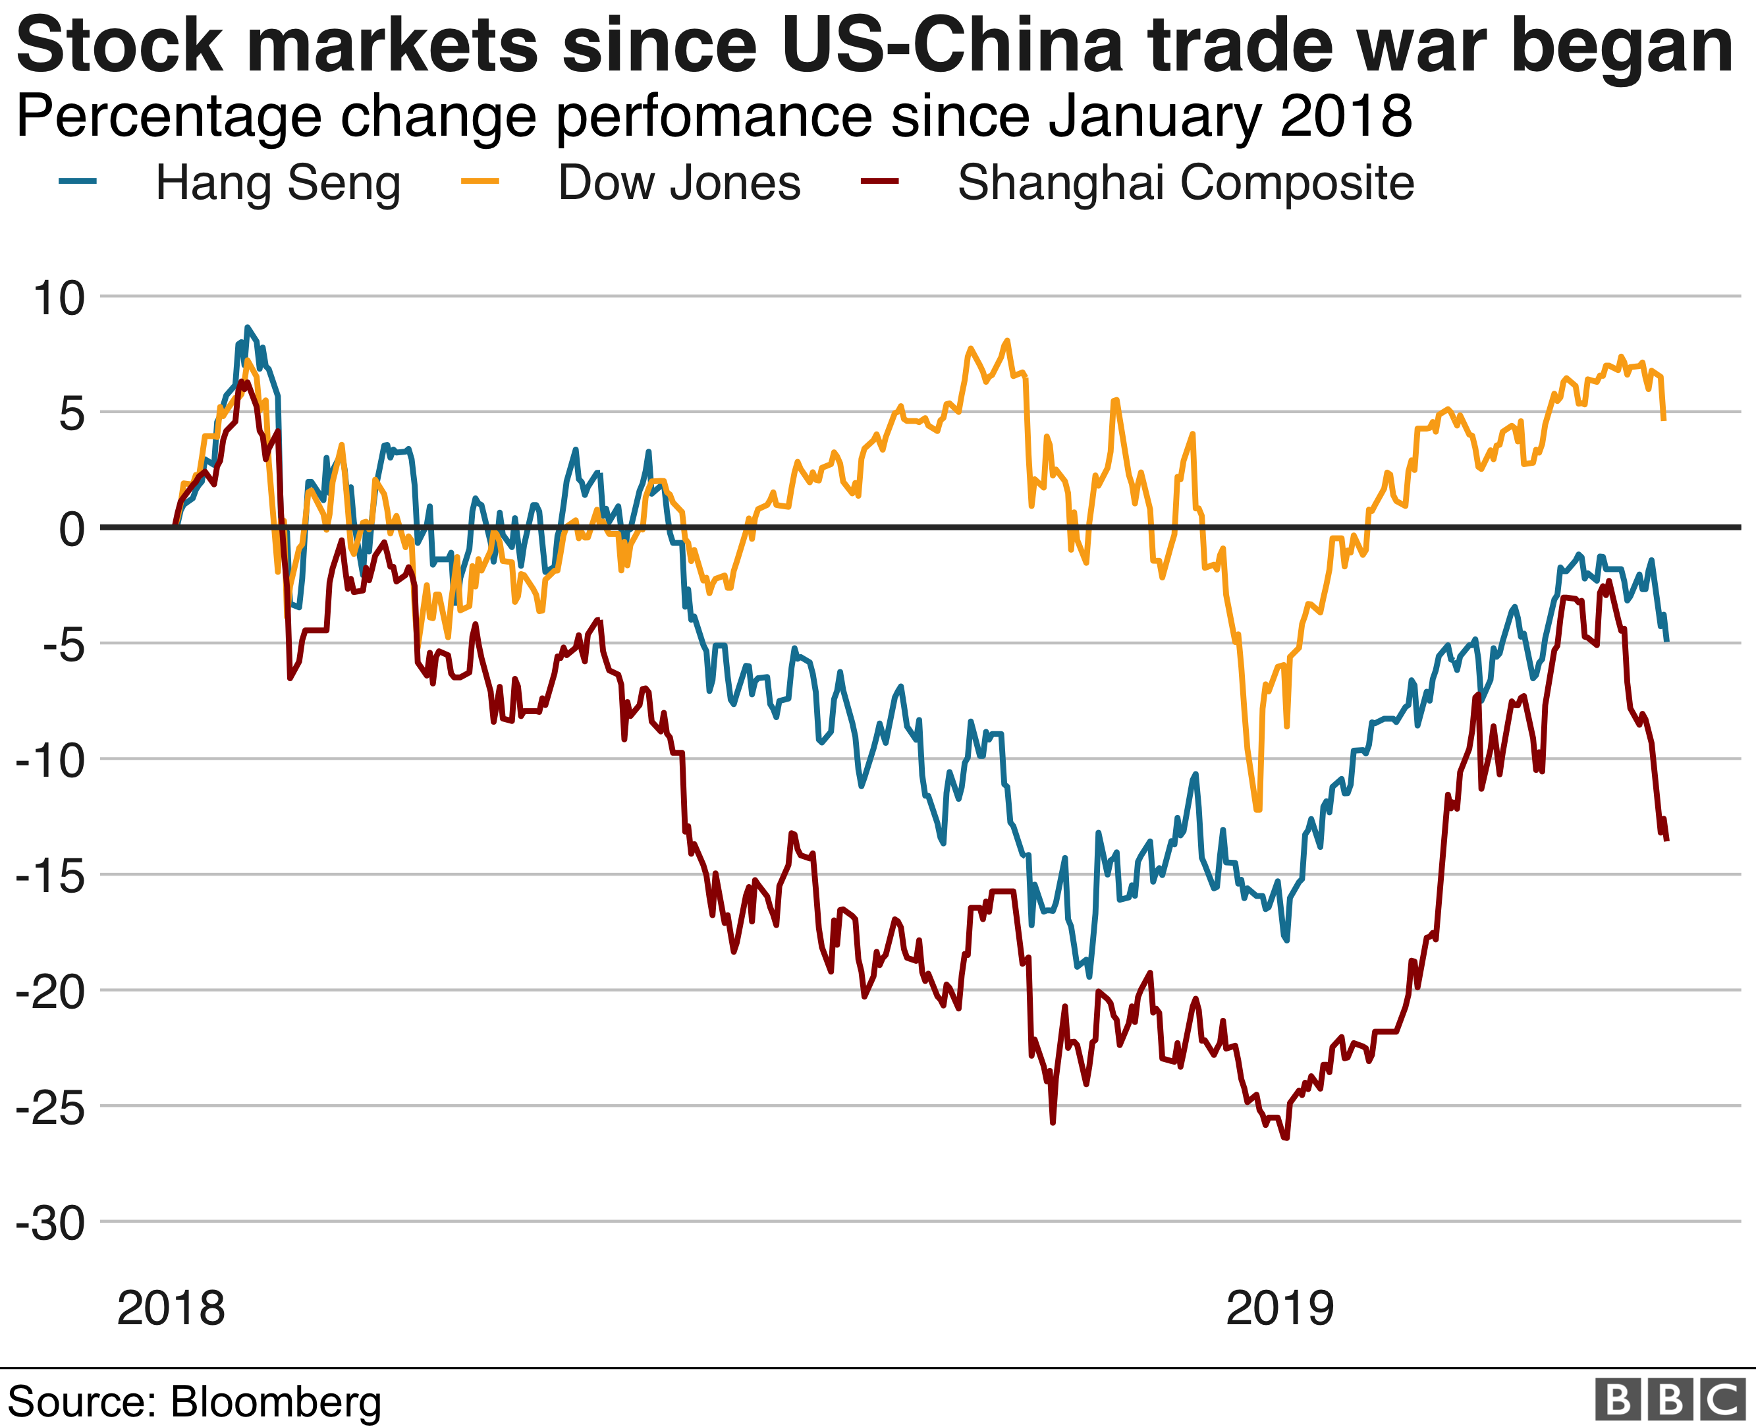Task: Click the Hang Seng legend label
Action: tap(278, 182)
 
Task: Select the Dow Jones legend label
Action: tap(678, 182)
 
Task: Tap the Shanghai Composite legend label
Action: tap(1186, 182)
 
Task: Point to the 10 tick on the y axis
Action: tap(59, 298)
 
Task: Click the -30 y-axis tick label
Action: tap(51, 1223)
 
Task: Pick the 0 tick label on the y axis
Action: tap(72, 528)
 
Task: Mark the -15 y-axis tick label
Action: tap(51, 876)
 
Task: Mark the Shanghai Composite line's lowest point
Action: tap(1286, 1138)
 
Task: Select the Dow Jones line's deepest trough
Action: tap(1258, 810)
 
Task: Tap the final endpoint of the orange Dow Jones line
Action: tap(1664, 419)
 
